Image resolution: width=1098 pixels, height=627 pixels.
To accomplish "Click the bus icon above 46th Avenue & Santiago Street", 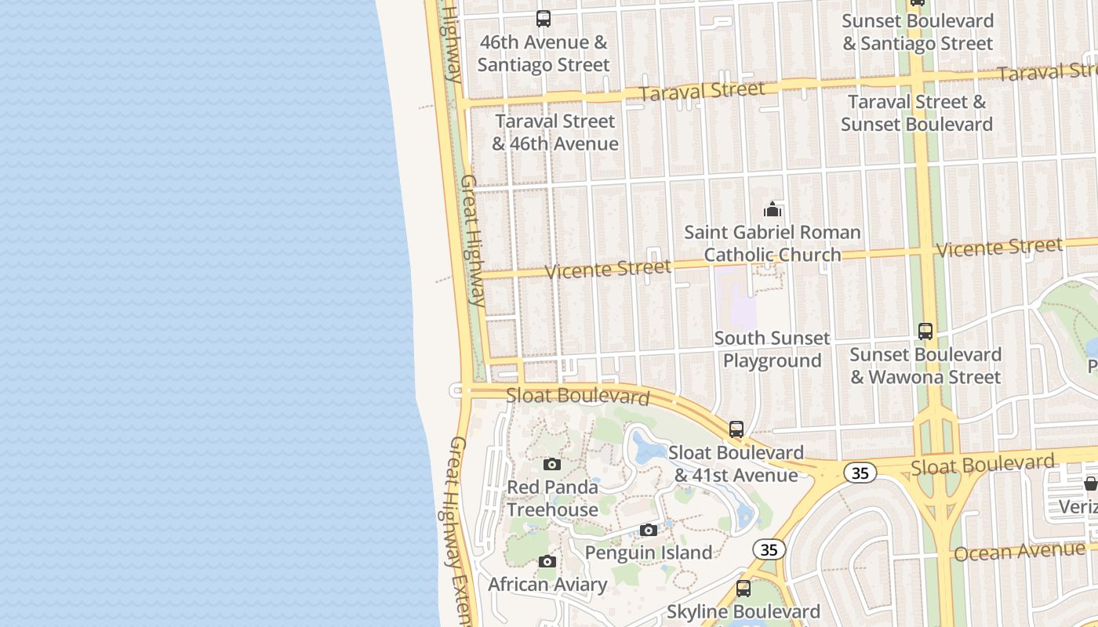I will pos(543,19).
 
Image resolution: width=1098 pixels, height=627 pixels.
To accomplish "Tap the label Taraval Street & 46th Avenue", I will pos(555,132).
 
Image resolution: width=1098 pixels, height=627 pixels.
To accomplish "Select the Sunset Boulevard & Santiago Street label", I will pos(918,32).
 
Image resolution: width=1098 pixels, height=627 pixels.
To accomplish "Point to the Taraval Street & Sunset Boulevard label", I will pos(917,113).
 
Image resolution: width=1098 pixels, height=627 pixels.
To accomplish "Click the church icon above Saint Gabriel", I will pos(773,209).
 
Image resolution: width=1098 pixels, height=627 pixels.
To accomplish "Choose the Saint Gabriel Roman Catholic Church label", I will pos(773,243).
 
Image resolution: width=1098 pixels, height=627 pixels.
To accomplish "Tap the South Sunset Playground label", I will pos(772,350).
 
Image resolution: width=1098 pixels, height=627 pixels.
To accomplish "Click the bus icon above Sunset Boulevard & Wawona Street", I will pos(925,332).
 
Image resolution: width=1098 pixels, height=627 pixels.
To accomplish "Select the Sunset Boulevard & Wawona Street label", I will pos(925,366).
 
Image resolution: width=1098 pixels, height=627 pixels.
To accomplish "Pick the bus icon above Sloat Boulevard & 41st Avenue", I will pos(736,429).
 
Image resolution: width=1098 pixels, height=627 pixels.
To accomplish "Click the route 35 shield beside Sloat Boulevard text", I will pos(860,473).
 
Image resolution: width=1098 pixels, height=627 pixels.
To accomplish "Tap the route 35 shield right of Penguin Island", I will pos(769,549).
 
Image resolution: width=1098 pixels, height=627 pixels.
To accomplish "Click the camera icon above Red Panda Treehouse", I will pos(552,464).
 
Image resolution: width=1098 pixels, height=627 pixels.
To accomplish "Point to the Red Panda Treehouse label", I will pos(552,498).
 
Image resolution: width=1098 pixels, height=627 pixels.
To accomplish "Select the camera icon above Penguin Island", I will pos(648,531).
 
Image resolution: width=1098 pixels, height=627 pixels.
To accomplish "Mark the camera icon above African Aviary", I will pos(547,562).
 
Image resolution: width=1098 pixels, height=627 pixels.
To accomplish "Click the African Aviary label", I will pos(547,585).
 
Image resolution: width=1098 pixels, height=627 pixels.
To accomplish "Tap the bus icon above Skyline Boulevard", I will pos(743,588).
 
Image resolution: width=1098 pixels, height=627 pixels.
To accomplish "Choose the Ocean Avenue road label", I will pos(1020,551).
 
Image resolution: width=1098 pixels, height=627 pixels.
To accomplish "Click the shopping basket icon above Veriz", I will pos(1090,484).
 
